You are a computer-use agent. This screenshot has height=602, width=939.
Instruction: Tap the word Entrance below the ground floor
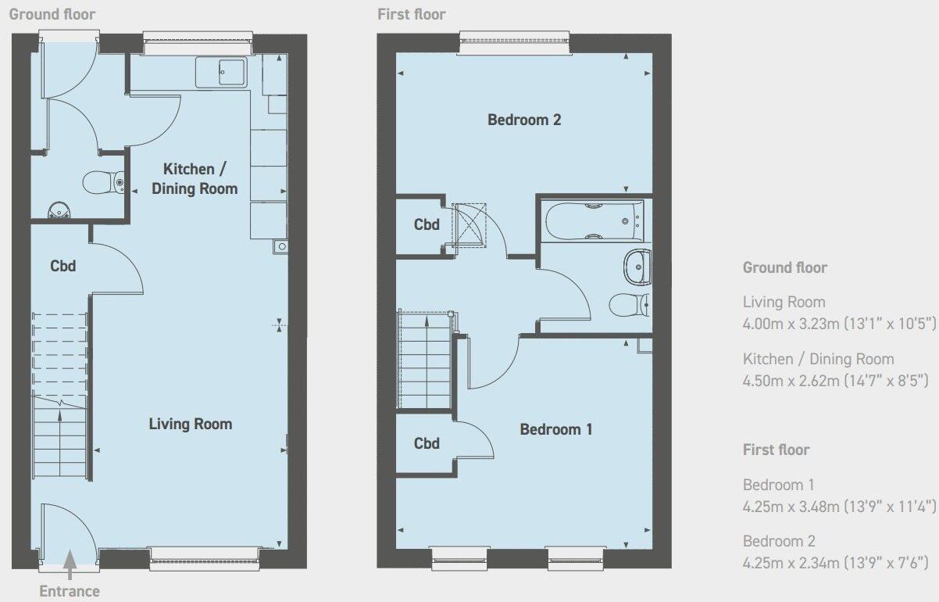pyautogui.click(x=70, y=591)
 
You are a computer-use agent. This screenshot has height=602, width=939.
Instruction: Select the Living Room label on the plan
pyautogui.click(x=190, y=424)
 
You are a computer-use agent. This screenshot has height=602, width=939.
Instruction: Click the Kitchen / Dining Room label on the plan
pyautogui.click(x=194, y=178)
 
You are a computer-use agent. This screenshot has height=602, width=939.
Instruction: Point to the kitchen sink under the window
pyautogui.click(x=221, y=73)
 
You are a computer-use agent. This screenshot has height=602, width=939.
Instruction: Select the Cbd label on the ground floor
pyautogui.click(x=62, y=266)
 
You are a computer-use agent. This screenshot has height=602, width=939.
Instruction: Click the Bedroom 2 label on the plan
pyautogui.click(x=524, y=120)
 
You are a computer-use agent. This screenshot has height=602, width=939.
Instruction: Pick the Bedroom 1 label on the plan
pyautogui.click(x=555, y=429)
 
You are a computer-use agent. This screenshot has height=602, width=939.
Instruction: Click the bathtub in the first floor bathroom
pyautogui.click(x=594, y=220)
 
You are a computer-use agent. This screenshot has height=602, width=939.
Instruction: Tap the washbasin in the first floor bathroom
pyautogui.click(x=637, y=267)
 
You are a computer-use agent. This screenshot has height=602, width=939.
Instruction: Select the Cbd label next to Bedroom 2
pyautogui.click(x=427, y=225)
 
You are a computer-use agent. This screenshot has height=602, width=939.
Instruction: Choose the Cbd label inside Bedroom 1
pyautogui.click(x=427, y=443)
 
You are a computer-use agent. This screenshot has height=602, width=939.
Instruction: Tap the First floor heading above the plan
pyautogui.click(x=411, y=14)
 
